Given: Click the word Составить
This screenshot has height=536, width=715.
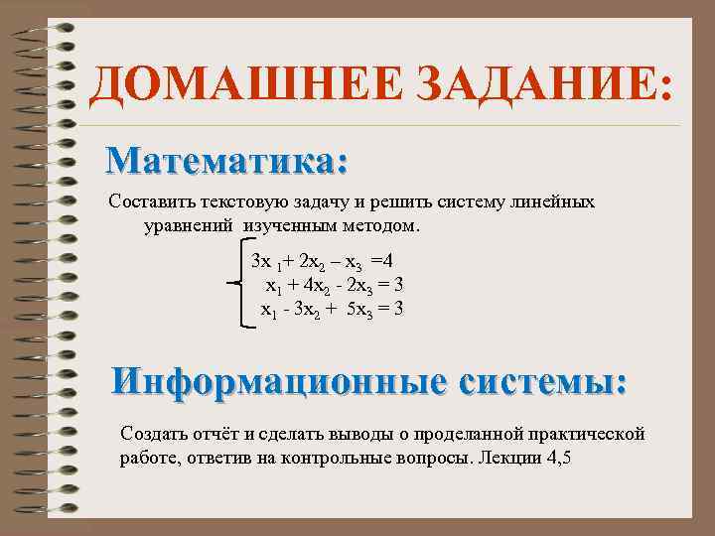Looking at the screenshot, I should click(x=148, y=202).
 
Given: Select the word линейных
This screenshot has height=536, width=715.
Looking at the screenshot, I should click(x=555, y=202).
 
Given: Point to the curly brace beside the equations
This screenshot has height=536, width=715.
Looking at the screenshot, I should click(x=238, y=285).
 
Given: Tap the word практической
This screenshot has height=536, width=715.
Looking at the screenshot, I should click(x=585, y=434).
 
